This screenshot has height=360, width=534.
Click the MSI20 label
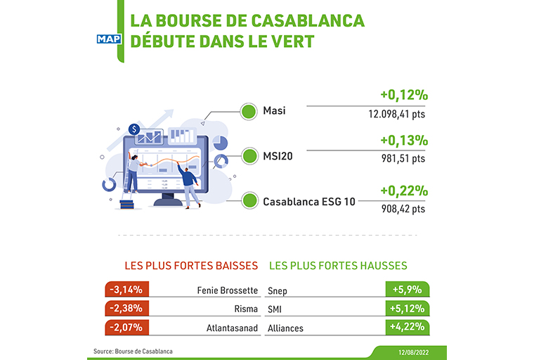(x=278, y=156)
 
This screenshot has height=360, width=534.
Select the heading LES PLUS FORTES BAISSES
(x=191, y=266)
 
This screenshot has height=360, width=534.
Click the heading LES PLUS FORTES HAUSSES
(x=338, y=266)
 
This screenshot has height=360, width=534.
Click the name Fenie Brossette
(x=228, y=290)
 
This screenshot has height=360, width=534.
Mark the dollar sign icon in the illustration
(x=134, y=129)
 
